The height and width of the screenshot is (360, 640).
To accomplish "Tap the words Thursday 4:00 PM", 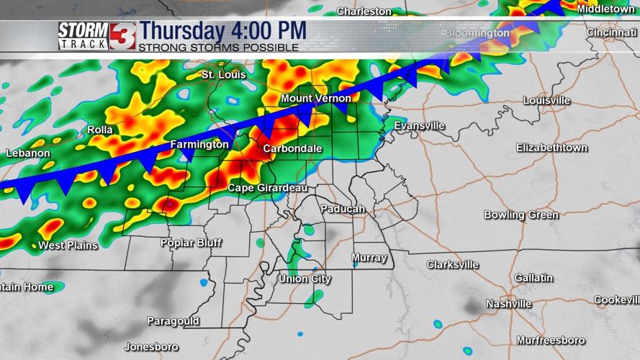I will pyautogui.click(x=222, y=32).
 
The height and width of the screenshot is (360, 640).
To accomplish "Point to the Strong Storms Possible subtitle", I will pyautogui.click(x=218, y=48).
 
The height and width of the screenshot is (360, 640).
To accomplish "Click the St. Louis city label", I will pyautogui.click(x=223, y=75).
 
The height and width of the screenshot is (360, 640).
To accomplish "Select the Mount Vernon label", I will pyautogui.click(x=316, y=98).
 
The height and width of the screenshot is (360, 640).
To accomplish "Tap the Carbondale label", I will pyautogui.click(x=292, y=148).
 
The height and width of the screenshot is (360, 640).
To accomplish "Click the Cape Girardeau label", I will pyautogui.click(x=268, y=188).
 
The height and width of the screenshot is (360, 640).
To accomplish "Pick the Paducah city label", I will pyautogui.click(x=342, y=209).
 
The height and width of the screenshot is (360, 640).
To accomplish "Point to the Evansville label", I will pyautogui.click(x=419, y=125).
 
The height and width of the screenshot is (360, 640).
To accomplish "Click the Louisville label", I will pyautogui.click(x=546, y=100).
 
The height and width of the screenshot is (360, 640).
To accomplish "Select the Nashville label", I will pyautogui.click(x=508, y=304).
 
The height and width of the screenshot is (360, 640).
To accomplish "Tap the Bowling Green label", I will pyautogui.click(x=520, y=215).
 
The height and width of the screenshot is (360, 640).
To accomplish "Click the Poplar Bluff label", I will pyautogui.click(x=191, y=243).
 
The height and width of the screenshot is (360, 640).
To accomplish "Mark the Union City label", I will pyautogui.click(x=305, y=279).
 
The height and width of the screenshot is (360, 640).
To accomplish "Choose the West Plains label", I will pyautogui.click(x=68, y=246).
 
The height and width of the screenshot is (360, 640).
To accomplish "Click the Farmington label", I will pyautogui.click(x=199, y=145).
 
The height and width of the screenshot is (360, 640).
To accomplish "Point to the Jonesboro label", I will pyautogui.click(x=151, y=347).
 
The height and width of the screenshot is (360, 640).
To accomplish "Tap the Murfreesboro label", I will pyautogui.click(x=551, y=340).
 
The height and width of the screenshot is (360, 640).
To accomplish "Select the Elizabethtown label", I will pyautogui.click(x=551, y=148).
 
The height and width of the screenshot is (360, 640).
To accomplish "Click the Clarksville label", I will pyautogui.click(x=452, y=264).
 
